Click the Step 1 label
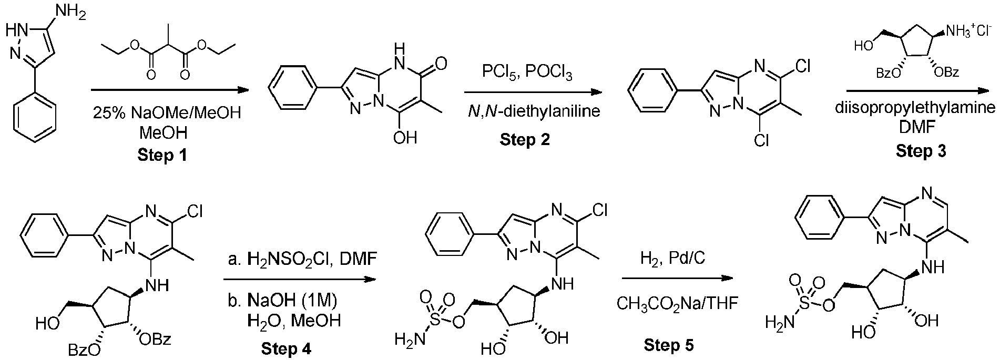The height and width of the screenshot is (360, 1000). coord(162,156)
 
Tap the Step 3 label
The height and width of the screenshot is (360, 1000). coord(921,151)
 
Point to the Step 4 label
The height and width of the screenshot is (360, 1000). coord(287,348)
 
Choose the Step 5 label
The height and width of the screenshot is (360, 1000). coord(669,345)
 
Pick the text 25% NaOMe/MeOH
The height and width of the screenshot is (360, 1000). coord(162,113)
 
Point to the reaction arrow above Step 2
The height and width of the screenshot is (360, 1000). coord(533,92)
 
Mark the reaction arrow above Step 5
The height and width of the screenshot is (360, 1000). coord(677,279)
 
